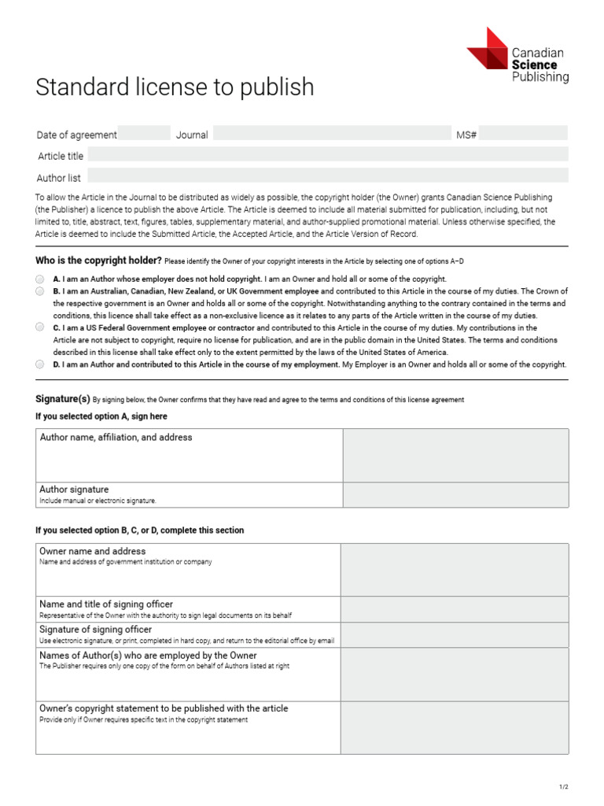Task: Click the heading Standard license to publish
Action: pos(175,87)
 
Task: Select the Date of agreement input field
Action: pos(144,134)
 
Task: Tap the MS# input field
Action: pos(522,134)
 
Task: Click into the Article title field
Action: pos(327,155)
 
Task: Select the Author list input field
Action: pos(327,176)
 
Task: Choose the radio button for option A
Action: pos(40,279)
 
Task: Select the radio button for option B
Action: pos(40,291)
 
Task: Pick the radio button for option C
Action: pos(40,327)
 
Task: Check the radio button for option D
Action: pos(40,364)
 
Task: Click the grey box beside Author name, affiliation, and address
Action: pos(455,455)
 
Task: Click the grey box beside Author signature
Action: pos(455,494)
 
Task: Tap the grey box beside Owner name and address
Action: pos(455,569)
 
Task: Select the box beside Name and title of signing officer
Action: pos(455,609)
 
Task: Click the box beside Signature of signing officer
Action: pos(455,634)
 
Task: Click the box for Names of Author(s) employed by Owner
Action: pos(455,674)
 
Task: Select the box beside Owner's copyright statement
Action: pos(455,727)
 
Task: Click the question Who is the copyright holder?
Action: pos(99,261)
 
